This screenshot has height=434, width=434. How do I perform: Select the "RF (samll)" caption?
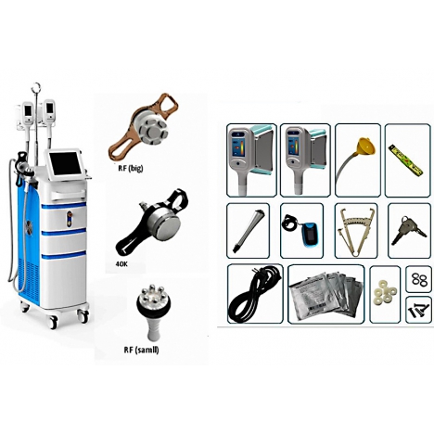tap(141, 350)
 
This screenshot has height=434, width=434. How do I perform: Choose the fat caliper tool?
tap(355, 231)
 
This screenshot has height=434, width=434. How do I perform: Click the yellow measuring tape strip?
tap(407, 161)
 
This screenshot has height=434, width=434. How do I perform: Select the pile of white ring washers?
tap(385, 294)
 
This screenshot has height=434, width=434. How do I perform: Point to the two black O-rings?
tap(419, 279)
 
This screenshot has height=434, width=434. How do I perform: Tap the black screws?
tap(417, 309)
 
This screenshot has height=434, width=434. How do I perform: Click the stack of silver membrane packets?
tap(325, 296)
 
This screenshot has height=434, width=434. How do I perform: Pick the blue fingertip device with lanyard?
tap(300, 227)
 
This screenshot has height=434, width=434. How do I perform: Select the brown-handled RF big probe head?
tap(143, 126)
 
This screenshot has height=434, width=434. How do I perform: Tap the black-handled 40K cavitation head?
tap(151, 223)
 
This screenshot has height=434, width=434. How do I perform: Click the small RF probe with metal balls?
tap(151, 313)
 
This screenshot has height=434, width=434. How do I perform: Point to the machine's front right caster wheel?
tap(83, 316)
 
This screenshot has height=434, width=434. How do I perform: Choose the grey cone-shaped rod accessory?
tap(247, 231)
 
